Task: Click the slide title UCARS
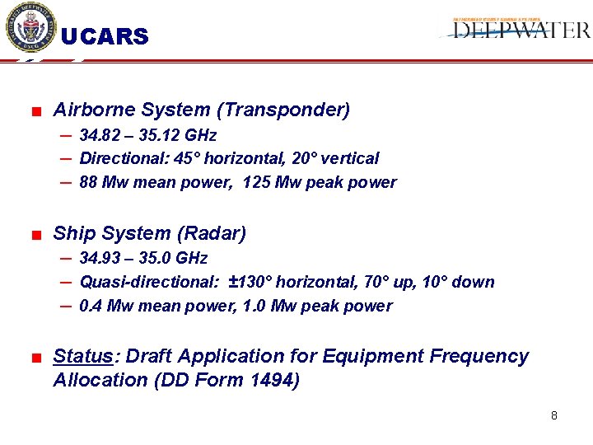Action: coord(105,37)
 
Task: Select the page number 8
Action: coord(554,415)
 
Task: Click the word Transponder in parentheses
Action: coord(297,110)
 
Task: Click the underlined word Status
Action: coord(82,357)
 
